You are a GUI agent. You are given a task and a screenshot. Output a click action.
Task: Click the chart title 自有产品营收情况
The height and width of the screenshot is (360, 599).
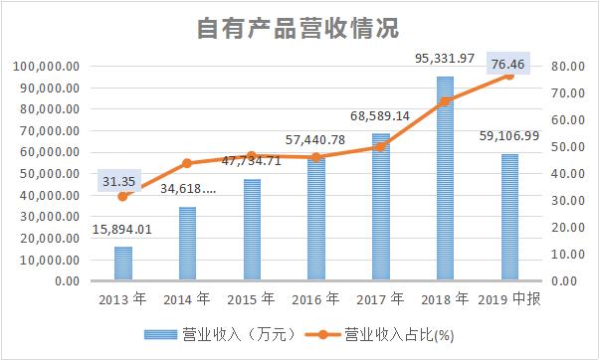[x=298, y=28]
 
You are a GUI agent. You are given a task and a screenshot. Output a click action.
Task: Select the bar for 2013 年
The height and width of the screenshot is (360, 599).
[x=122, y=264]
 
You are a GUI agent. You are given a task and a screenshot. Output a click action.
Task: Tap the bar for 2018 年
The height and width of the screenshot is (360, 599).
[x=445, y=179]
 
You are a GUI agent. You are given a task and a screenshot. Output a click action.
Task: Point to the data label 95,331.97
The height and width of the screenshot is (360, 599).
[x=444, y=61]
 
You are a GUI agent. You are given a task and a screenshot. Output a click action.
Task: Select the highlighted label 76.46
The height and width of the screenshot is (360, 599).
[x=510, y=66]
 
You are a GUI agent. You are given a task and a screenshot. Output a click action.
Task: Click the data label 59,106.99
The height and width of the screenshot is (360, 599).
[x=508, y=136]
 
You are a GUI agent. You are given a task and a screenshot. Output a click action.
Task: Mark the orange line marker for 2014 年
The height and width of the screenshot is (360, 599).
[x=187, y=163]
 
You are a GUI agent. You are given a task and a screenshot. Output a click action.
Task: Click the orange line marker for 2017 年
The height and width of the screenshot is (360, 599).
[x=380, y=146]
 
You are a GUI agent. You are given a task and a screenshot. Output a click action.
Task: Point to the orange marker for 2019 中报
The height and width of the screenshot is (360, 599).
[x=508, y=76]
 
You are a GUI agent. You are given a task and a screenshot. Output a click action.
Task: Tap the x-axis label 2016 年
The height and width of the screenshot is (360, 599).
[x=315, y=299]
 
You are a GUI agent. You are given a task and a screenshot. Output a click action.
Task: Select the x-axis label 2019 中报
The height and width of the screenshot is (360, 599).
[x=508, y=299]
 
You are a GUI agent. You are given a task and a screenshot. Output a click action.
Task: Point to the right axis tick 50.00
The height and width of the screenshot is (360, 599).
[x=565, y=147]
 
